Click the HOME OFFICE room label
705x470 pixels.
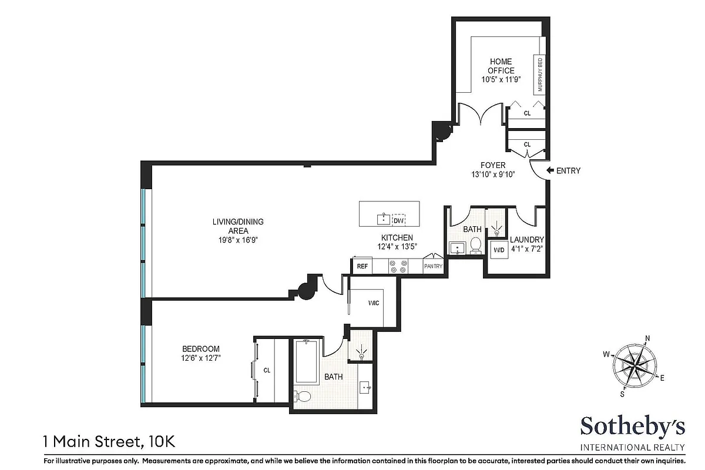point(501,66)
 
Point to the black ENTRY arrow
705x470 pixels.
point(550,170)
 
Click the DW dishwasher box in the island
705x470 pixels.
point(398,221)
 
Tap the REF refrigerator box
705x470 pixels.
point(362,266)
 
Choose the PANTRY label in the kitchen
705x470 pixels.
point(433,267)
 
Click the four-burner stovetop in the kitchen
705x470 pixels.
point(398,266)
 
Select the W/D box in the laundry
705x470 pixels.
point(499,250)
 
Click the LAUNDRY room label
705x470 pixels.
point(526,240)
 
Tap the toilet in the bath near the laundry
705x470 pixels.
point(475,245)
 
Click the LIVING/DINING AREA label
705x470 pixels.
point(238,226)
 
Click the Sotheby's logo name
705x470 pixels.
point(631,426)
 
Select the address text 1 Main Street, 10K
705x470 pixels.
point(109,439)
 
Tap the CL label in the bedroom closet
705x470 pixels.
point(267,370)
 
